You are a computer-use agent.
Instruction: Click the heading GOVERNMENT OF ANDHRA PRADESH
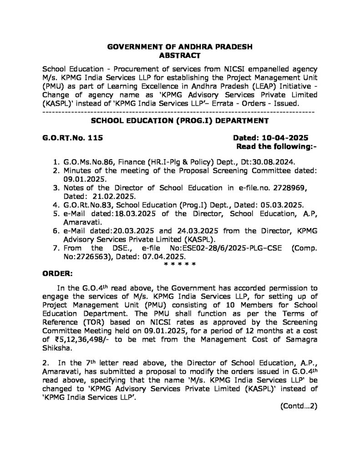(x=179, y=47)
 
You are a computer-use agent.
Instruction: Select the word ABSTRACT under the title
(x=179, y=56)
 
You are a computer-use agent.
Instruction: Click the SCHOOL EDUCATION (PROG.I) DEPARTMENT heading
(x=180, y=121)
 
